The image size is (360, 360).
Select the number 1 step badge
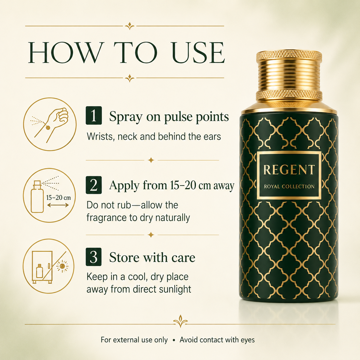(94, 115)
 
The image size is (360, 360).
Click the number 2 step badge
(94, 185)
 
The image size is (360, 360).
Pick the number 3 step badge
(94, 257)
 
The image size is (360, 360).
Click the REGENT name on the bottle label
(289, 170)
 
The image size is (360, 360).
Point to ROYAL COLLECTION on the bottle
(289, 186)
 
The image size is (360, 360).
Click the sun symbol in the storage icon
(62, 266)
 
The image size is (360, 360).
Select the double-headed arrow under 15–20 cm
(58, 205)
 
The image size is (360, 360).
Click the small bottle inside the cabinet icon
(39, 271)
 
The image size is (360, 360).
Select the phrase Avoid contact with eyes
(217, 340)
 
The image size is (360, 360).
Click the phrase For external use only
(134, 340)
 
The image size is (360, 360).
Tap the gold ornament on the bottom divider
(180, 321)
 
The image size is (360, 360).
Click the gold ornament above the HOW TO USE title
(129, 26)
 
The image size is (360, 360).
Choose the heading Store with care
(152, 257)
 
